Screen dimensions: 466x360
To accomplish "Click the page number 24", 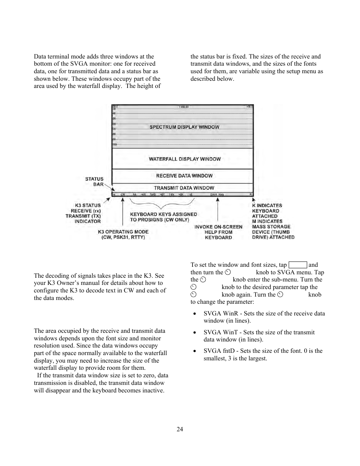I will click(x=180, y=429).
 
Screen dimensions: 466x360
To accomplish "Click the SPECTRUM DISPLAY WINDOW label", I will click(x=184, y=127).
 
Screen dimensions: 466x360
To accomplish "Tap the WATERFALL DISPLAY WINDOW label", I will click(x=185, y=159).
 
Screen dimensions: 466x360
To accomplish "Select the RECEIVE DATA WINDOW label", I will click(x=184, y=176).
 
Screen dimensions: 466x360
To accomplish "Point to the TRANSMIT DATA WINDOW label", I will click(x=184, y=188).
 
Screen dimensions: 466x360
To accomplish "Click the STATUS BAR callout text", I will click(x=94, y=181).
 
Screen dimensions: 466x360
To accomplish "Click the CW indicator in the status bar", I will click(x=123, y=195).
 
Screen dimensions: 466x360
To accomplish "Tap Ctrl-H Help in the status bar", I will click(x=217, y=195).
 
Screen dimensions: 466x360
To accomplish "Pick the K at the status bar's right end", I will click(x=251, y=195).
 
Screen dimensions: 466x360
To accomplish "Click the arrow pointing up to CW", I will click(x=123, y=211).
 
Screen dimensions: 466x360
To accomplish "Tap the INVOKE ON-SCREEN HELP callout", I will click(x=218, y=232).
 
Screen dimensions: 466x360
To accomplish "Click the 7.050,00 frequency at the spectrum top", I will click(x=184, y=107).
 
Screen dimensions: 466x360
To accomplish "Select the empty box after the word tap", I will click(x=297, y=265).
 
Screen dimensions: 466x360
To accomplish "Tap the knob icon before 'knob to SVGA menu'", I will click(x=228, y=272).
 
